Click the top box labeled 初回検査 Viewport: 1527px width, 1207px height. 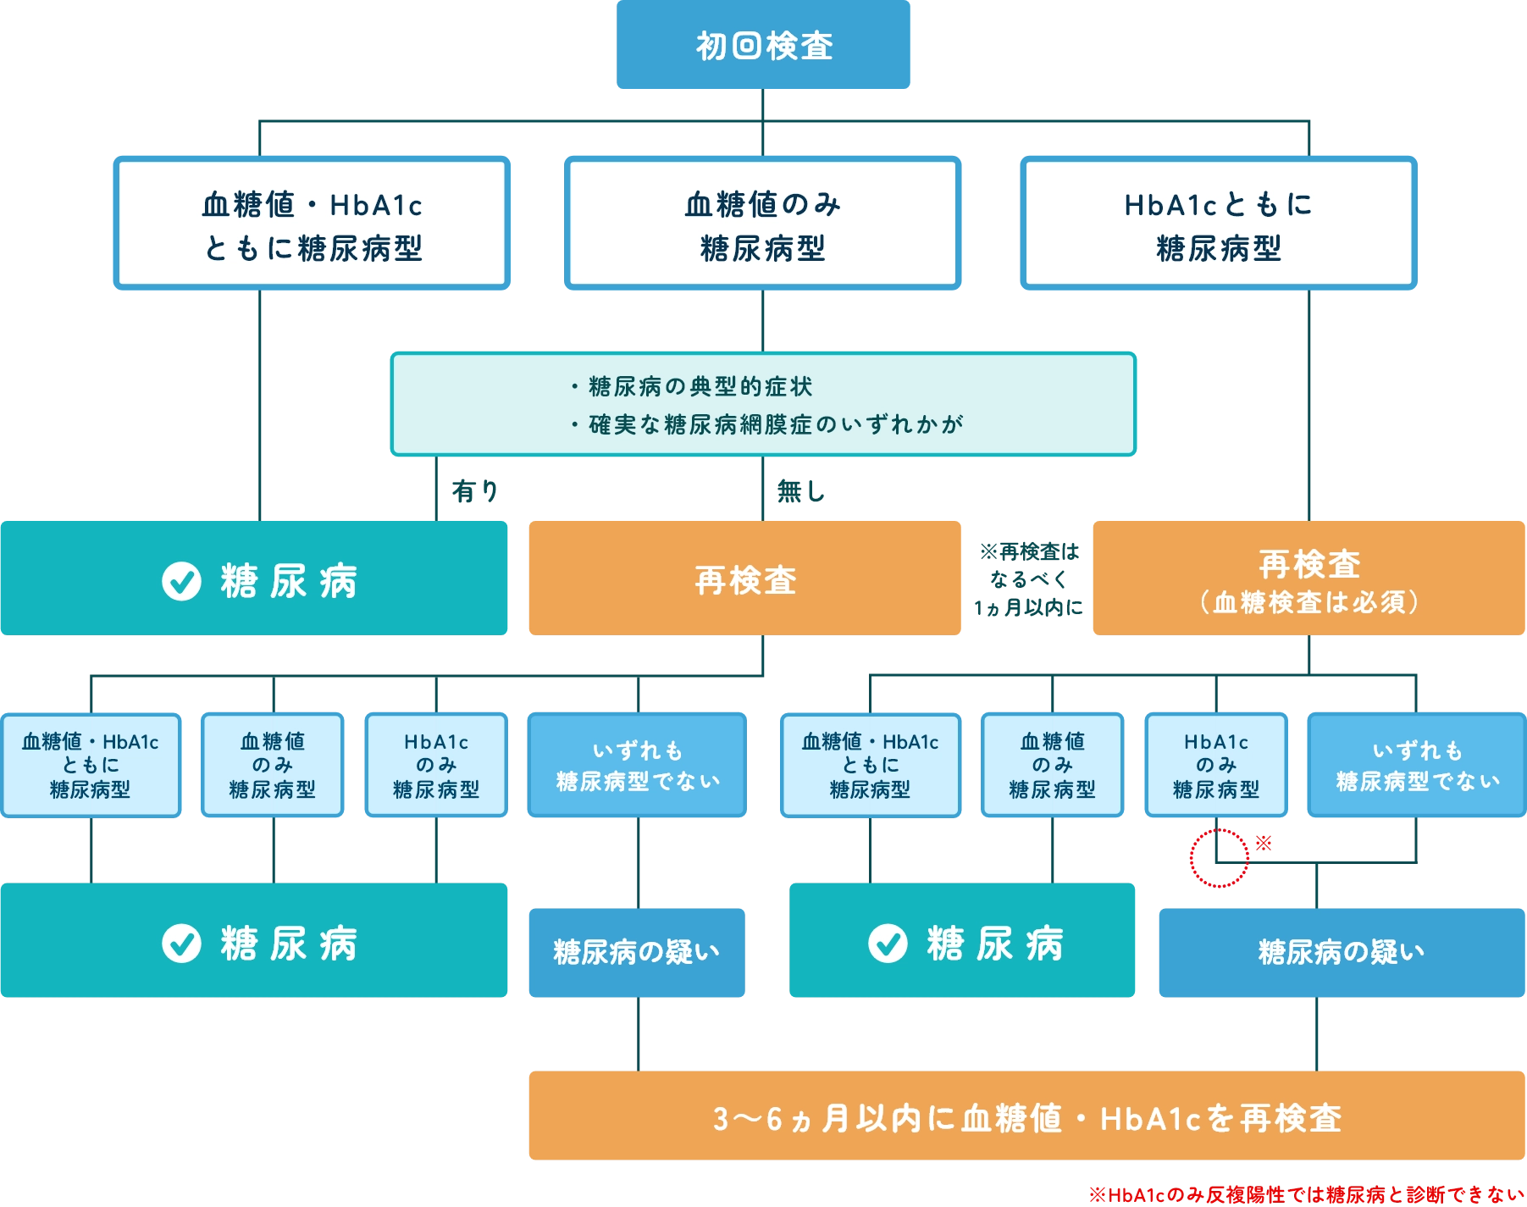coord(764,46)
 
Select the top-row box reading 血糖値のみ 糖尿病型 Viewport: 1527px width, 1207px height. coord(762,224)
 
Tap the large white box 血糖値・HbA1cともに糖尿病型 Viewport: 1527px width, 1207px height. coord(312,224)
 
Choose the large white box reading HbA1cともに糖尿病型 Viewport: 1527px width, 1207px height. coord(1219,224)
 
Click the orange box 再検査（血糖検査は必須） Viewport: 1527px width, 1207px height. coord(1308,579)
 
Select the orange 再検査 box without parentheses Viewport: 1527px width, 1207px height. coord(745,579)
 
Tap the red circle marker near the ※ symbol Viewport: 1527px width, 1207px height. coord(1219,858)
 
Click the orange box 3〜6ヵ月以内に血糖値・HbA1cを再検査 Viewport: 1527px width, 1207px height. coord(1026,1118)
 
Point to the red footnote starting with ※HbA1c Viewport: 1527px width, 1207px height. coord(1305,1195)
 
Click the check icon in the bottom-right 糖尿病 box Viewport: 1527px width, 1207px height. coord(888,944)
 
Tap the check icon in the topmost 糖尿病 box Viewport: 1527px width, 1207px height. coord(181,581)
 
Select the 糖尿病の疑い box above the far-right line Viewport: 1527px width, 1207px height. coord(1342,953)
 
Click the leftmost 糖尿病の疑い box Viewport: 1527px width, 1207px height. coord(637,953)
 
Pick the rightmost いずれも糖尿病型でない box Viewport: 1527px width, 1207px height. coord(1417,766)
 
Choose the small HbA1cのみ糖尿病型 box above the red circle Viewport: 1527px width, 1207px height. coord(1215,766)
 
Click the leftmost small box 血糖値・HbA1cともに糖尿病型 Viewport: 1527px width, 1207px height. coord(91,766)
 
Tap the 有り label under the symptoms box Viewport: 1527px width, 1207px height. coord(475,491)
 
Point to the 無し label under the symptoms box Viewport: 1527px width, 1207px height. coord(800,491)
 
